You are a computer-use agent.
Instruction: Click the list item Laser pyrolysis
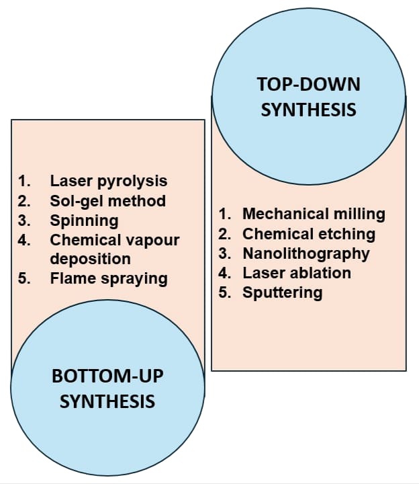tap(108, 181)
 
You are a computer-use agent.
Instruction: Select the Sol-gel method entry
tap(107, 200)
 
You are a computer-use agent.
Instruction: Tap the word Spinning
tap(84, 220)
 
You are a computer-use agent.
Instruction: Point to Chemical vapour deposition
tap(114, 240)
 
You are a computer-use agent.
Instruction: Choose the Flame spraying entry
tap(108, 278)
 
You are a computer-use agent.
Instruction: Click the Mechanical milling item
tap(314, 214)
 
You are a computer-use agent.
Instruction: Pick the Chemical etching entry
tap(308, 234)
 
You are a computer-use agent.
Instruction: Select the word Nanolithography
tap(306, 253)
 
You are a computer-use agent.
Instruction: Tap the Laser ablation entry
tap(296, 273)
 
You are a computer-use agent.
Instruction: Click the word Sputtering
tap(282, 292)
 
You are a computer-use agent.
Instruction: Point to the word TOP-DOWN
tap(308, 84)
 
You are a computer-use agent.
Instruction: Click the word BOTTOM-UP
tap(107, 376)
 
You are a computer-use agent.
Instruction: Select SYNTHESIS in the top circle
tap(308, 110)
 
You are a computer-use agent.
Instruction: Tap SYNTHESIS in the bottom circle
tap(107, 402)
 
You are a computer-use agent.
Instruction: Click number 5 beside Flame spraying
tap(24, 278)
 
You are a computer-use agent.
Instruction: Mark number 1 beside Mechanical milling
tap(225, 214)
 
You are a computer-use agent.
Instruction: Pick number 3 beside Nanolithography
tap(225, 253)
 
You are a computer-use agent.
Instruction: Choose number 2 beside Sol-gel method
tap(24, 200)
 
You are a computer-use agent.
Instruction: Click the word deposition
tap(90, 259)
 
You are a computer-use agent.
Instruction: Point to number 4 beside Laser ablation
tap(225, 273)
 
